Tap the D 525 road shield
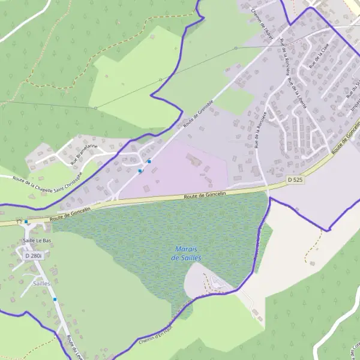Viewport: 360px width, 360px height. pos(294,179)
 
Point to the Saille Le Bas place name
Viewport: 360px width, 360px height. pos(36,241)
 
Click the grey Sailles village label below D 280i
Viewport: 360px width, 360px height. pos(41,283)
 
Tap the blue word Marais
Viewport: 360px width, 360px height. pos(187,249)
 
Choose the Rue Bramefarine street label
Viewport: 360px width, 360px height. pos(83,154)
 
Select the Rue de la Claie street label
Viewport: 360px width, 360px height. pos(315,58)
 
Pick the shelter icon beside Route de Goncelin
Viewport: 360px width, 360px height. pos(20,222)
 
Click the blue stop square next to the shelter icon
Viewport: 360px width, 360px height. pos(26,221)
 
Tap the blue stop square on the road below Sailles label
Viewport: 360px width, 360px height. pos(55,299)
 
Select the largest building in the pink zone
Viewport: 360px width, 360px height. pos(193,160)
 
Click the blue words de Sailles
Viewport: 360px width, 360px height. pos(185,257)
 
